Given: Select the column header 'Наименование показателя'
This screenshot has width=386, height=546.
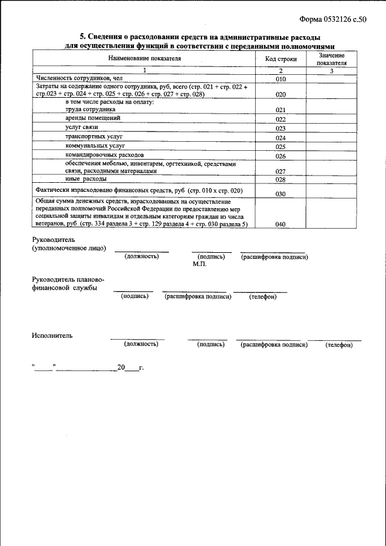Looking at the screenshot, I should point(144,59).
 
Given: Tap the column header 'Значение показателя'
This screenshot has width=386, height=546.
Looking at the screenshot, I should point(331,59).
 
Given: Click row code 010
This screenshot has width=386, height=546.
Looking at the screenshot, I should point(280,80).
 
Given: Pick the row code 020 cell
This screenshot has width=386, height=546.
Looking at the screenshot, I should point(280,95).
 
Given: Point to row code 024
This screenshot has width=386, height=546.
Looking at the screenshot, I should point(280,138).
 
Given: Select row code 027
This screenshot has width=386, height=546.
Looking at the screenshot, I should point(280,171).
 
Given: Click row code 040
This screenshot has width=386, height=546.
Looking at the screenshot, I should point(280,224).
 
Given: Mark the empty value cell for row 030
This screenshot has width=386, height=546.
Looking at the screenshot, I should point(331,191).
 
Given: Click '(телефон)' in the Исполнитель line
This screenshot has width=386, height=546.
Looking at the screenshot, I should point(338,344).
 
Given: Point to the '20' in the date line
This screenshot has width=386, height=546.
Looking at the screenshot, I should point(121,367).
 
